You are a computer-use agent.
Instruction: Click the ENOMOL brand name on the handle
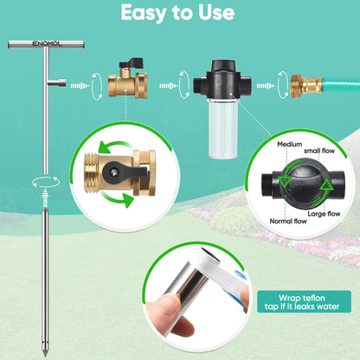point(33,42)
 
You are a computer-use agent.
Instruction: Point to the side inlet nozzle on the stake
point(57,83)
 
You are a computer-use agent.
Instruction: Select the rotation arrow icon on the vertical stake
point(38,181)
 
